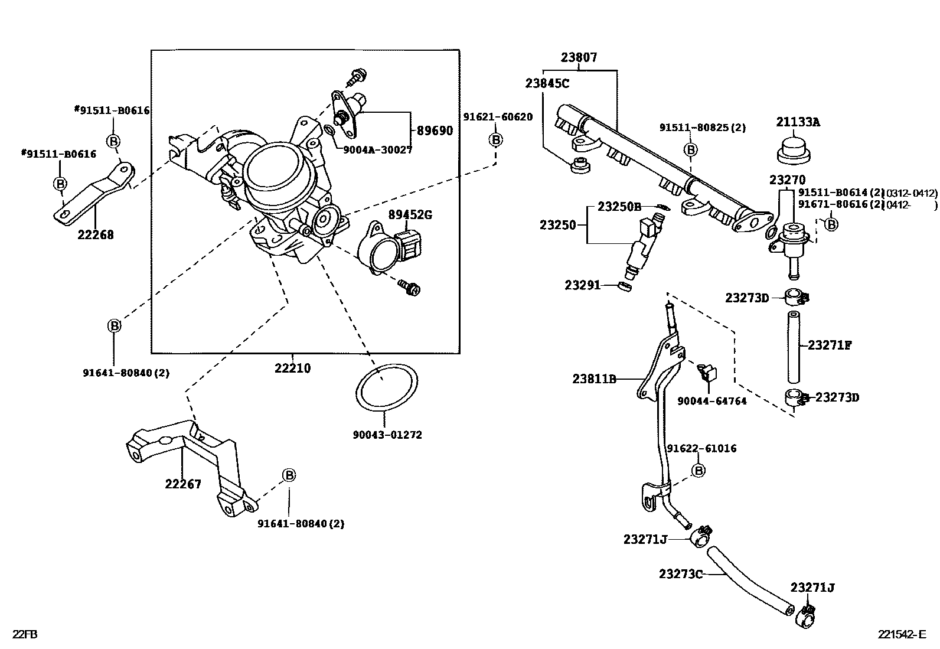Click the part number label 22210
coord(292,368)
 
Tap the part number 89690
coord(435,131)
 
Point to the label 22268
coord(96,235)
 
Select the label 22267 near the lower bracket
coord(183,484)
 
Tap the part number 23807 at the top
coord(579,58)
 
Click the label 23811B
coord(594,379)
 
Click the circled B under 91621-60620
coord(495,139)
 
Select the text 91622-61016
coord(701,448)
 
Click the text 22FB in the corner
coord(25,635)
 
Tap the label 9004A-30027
coord(377,150)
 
